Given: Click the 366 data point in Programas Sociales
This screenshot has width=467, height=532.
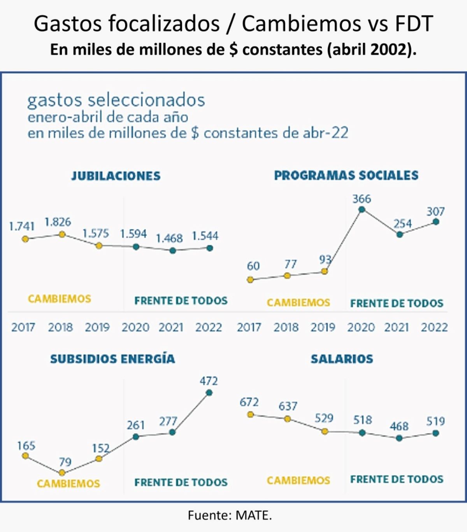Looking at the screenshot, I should [x=362, y=209].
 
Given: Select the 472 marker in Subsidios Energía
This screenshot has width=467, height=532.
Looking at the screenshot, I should [x=209, y=393].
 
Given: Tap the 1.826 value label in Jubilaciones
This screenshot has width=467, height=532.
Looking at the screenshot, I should [x=58, y=222].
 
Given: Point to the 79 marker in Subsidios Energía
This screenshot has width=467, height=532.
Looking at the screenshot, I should [x=62, y=473].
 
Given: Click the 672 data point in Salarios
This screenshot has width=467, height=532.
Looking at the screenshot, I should [x=251, y=414].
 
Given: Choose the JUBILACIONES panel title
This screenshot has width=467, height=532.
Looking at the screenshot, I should [x=116, y=176].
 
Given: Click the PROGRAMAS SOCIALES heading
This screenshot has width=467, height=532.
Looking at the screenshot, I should [x=346, y=176].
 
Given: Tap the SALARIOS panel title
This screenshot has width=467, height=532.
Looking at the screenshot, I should [x=342, y=359].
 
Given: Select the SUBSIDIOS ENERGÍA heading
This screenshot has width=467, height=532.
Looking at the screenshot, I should [x=112, y=359].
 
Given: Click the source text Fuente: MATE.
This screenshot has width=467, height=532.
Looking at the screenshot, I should [x=230, y=515].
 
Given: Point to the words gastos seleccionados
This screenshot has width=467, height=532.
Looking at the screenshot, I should [x=116, y=100].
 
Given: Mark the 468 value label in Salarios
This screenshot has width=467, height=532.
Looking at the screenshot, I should [x=399, y=426].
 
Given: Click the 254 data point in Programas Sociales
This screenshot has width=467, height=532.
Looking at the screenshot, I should [x=399, y=234].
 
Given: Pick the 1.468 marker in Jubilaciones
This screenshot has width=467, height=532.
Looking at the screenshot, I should [x=173, y=251].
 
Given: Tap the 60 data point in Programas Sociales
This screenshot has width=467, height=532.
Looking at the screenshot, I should [x=250, y=279].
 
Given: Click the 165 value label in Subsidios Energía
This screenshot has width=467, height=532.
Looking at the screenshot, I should [x=26, y=446].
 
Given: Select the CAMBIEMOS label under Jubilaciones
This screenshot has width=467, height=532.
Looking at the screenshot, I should [x=60, y=299].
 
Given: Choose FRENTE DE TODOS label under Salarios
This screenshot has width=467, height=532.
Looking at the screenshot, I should [x=397, y=479].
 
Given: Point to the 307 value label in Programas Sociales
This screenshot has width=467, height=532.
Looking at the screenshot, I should [x=435, y=212].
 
